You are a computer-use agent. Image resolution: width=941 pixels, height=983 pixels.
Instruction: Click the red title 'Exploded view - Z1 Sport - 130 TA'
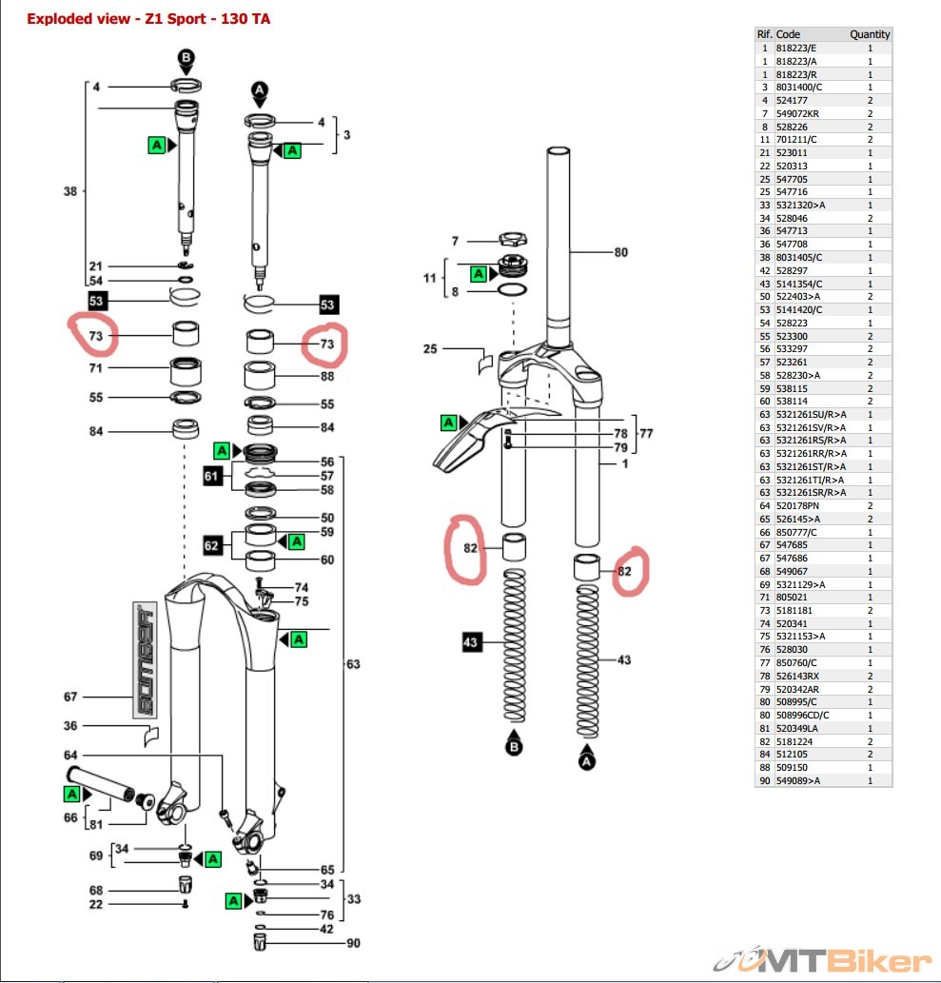(x=147, y=18)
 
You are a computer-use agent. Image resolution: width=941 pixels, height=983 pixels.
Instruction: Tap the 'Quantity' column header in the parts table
(x=870, y=34)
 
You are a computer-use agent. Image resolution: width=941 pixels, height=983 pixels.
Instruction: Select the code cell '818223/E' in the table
(x=796, y=48)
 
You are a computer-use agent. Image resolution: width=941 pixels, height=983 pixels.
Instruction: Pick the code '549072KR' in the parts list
(x=797, y=113)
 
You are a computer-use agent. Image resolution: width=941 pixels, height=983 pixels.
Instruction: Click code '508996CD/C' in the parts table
(x=802, y=715)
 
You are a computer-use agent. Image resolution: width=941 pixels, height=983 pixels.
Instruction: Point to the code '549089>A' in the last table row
(x=797, y=780)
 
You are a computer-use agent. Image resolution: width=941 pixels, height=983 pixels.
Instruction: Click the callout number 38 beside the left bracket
(x=69, y=191)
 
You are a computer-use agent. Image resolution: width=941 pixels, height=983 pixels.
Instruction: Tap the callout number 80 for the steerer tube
(x=620, y=253)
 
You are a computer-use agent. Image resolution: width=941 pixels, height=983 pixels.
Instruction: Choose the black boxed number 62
(x=213, y=545)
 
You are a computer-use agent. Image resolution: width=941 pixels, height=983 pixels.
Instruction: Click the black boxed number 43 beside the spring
(x=470, y=642)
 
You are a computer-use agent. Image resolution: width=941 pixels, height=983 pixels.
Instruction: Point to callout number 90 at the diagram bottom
(x=354, y=943)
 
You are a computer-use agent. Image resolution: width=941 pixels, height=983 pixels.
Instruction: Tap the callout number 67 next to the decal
(x=70, y=697)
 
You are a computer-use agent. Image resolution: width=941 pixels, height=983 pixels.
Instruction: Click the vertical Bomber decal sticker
(x=145, y=659)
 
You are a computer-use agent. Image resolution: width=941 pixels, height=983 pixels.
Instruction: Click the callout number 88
(x=327, y=376)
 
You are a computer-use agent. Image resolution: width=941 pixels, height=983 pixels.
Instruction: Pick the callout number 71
(x=95, y=367)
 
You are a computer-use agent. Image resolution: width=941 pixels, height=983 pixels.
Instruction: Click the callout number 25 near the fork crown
(x=430, y=349)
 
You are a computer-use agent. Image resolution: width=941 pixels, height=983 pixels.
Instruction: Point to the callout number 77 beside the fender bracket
(x=646, y=433)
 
